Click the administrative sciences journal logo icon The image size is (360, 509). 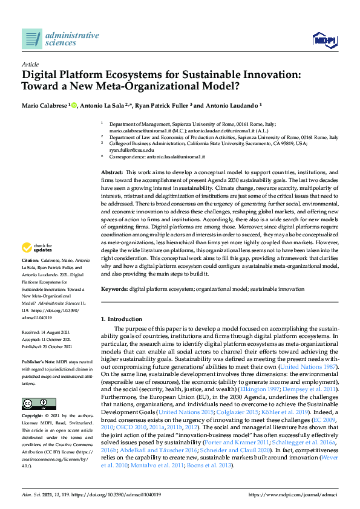pos(31,39)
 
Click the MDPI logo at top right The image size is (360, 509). pos(324,40)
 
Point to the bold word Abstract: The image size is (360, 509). pos(113,172)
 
